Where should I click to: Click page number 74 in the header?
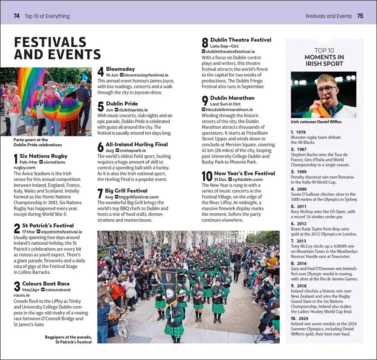click(x=17, y=16)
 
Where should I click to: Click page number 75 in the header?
click(x=360, y=16)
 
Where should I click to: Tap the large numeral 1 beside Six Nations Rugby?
click(x=16, y=159)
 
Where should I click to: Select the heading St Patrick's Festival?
click(x=48, y=225)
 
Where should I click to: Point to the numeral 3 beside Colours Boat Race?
click(x=17, y=287)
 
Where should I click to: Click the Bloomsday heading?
click(x=120, y=69)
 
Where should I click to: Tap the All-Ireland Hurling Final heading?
click(x=137, y=145)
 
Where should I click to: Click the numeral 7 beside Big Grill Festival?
click(x=100, y=194)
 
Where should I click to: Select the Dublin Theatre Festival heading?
click(x=241, y=40)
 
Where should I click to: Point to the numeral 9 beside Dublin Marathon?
click(x=205, y=101)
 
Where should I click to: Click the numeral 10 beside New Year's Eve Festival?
click(x=207, y=176)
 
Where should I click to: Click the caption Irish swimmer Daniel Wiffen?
click(x=316, y=122)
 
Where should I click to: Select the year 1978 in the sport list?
click(x=301, y=132)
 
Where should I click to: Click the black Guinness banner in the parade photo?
click(x=168, y=285)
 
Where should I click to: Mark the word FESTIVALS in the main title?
click(x=50, y=42)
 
